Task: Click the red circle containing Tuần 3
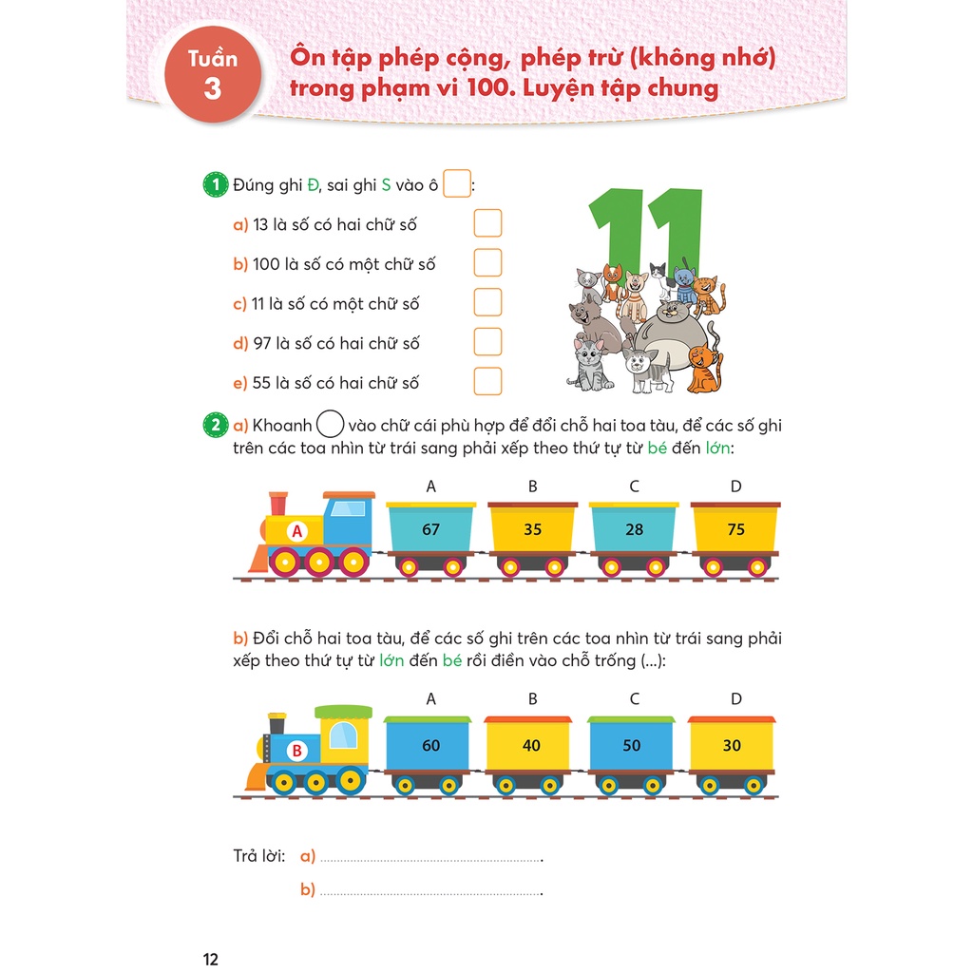click(x=213, y=76)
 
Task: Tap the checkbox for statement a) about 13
click(x=487, y=224)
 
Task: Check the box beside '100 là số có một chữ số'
click(x=487, y=263)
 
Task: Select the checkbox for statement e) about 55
click(x=487, y=382)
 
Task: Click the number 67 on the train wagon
click(x=431, y=529)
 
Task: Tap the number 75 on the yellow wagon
click(x=735, y=529)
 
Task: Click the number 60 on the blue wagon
click(x=431, y=745)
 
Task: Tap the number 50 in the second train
click(x=632, y=745)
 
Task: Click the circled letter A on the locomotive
click(x=296, y=532)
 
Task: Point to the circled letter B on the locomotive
click(x=296, y=751)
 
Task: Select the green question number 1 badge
click(x=217, y=185)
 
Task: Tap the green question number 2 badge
click(x=217, y=425)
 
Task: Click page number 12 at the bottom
click(x=211, y=959)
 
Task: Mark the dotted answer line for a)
click(x=429, y=859)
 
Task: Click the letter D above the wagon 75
click(x=735, y=486)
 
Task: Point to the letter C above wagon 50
click(x=634, y=699)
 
